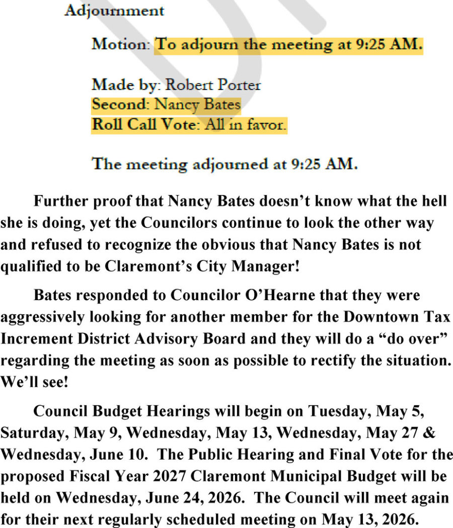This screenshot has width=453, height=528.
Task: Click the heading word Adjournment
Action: point(114,11)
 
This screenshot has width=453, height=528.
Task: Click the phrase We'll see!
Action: point(34,382)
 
